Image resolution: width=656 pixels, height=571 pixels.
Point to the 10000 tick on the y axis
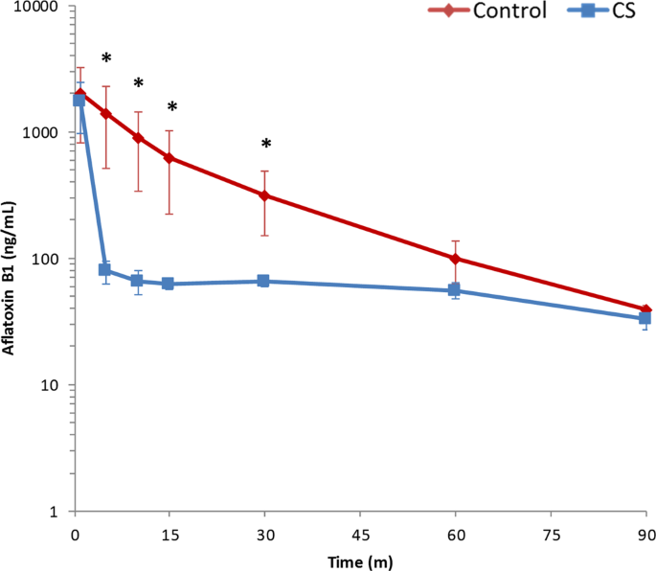tap(34, 7)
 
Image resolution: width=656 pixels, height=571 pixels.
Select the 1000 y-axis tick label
tap(38, 133)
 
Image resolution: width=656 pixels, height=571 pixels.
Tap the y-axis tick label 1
tap(54, 513)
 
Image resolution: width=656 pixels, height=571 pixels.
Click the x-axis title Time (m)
tap(361, 560)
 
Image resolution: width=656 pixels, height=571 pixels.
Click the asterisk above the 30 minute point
tap(266, 146)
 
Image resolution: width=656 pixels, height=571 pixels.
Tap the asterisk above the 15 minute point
tap(172, 108)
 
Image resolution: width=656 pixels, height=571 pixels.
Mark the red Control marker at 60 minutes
tap(456, 259)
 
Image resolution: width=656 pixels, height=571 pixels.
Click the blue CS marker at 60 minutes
tap(456, 290)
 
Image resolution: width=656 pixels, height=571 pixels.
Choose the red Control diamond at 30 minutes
tap(265, 195)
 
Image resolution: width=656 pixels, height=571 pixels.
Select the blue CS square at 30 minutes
tap(263, 282)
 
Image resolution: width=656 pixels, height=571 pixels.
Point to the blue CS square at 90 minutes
tap(645, 318)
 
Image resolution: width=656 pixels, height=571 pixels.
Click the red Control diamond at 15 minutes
tap(170, 158)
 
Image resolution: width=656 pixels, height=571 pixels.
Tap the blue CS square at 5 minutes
tap(105, 270)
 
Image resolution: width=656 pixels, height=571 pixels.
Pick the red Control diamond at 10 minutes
tap(138, 138)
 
